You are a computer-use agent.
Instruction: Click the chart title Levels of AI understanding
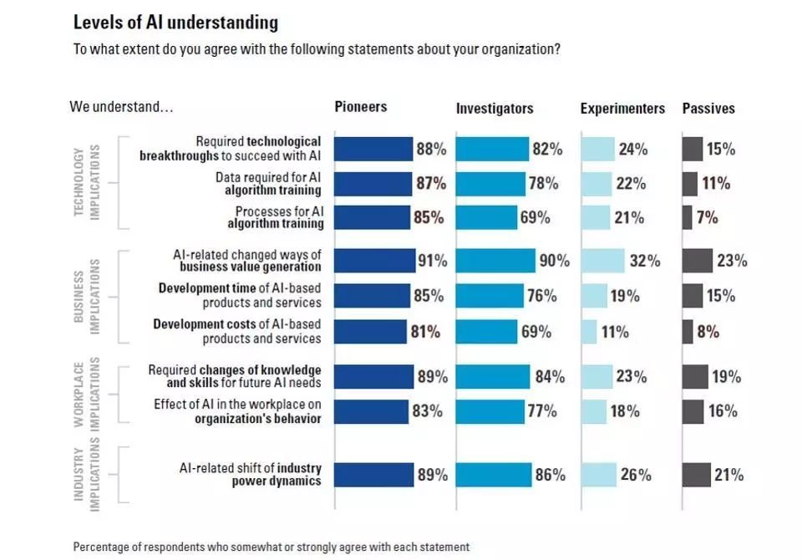pyautogui.click(x=175, y=22)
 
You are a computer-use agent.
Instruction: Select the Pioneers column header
pyautogui.click(x=361, y=106)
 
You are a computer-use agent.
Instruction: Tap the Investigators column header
pyautogui.click(x=495, y=109)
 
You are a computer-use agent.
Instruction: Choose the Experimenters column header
pyautogui.click(x=622, y=109)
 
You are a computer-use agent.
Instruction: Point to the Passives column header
pyautogui.click(x=708, y=109)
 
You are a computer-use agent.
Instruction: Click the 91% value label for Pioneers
pyautogui.click(x=432, y=261)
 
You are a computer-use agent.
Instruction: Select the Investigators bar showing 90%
pyautogui.click(x=495, y=261)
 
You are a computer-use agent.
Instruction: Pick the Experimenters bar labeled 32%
pyautogui.click(x=602, y=261)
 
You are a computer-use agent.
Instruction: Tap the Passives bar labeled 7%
pyautogui.click(x=688, y=218)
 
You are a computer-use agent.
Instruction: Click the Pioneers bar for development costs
pyautogui.click(x=370, y=332)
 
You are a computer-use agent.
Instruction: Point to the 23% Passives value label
pyautogui.click(x=731, y=261)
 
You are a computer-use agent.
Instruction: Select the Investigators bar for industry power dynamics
pyautogui.click(x=494, y=476)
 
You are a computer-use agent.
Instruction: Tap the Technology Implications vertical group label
pyautogui.click(x=85, y=183)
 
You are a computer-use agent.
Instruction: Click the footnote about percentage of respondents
pyautogui.click(x=271, y=547)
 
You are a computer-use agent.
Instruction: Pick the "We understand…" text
pyautogui.click(x=122, y=107)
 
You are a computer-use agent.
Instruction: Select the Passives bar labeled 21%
pyautogui.click(x=696, y=476)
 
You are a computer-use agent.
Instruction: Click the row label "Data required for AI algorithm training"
pyautogui.click(x=268, y=184)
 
